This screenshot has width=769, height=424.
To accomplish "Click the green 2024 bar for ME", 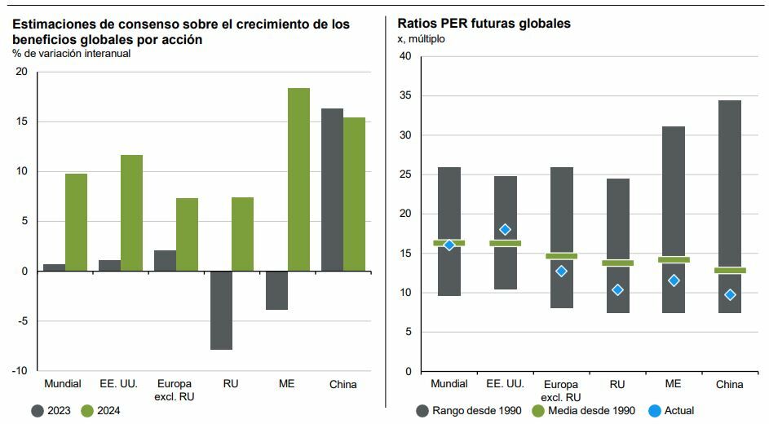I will [298, 179].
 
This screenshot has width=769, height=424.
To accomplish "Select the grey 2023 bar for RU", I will [220, 310].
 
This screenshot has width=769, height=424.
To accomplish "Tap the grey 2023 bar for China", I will [332, 189].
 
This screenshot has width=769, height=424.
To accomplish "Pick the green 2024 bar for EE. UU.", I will [131, 213].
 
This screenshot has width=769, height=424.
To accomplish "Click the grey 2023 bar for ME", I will [276, 290].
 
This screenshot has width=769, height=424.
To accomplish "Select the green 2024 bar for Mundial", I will [76, 222].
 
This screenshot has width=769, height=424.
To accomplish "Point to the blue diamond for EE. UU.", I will [505, 230].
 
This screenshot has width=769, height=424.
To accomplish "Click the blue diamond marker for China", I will [730, 294].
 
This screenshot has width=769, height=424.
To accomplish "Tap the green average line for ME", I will [674, 259].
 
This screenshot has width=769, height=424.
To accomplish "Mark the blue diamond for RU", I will [617, 289].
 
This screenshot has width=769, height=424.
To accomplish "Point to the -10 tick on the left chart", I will [20, 371].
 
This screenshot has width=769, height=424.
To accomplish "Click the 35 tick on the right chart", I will [405, 95].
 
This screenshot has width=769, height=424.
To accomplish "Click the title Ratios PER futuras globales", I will [484, 24].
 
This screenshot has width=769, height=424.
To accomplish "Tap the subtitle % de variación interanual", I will [71, 54].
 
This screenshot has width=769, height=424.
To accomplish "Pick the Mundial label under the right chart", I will [449, 384].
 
